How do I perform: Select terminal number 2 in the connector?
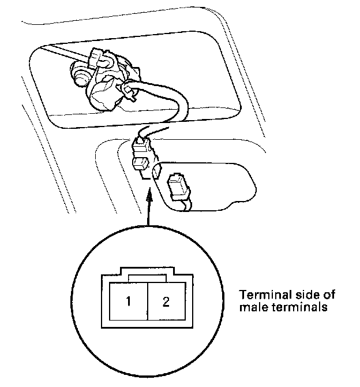pyautogui.click(x=166, y=302)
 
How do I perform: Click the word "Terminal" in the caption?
pyautogui.click(x=260, y=295)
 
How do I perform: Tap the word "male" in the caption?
pyautogui.click(x=251, y=307)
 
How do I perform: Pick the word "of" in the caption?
pyautogui.click(x=328, y=295)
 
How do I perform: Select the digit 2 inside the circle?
pyautogui.click(x=166, y=302)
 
